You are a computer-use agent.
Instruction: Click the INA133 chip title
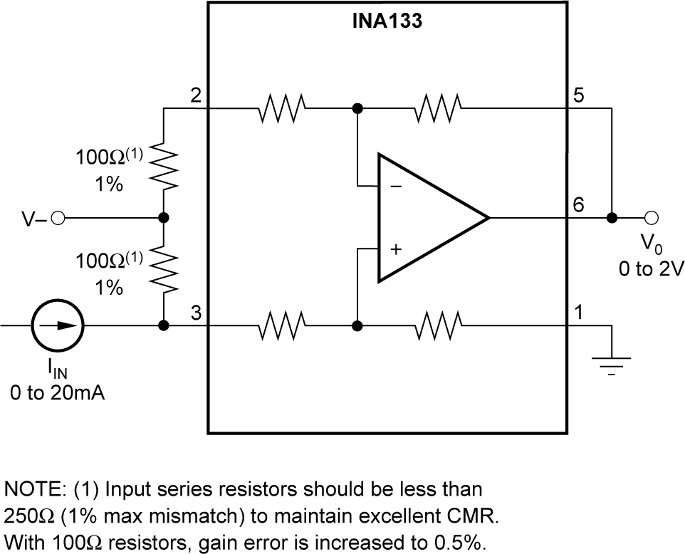coord(387,21)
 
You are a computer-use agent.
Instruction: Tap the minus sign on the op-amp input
coord(396,187)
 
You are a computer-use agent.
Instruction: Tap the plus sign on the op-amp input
coord(396,249)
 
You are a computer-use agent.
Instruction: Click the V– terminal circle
coord(58,218)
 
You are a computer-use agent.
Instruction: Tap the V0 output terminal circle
coord(650,217)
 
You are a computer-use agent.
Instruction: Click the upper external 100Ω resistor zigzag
coord(164,167)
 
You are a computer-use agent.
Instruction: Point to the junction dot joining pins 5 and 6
coord(611,217)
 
